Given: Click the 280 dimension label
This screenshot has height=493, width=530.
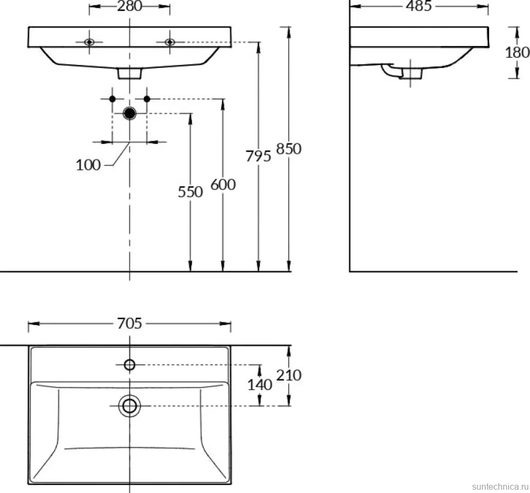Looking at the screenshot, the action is pos(129,6).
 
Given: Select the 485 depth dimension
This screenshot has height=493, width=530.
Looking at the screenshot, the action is pos(419,6).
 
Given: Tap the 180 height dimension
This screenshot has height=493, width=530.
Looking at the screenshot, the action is pos(517,52).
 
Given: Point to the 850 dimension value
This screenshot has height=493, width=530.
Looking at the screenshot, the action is pos(288,149).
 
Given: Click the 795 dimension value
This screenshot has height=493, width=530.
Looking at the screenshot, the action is pos(258,156).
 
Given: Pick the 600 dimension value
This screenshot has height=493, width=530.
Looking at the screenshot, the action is pos(223,185).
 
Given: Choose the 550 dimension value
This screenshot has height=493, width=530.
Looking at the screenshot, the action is pos(190,192).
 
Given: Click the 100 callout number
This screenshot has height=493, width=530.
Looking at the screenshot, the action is pos(88,165).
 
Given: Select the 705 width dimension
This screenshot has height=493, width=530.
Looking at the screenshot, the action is pos(129,324).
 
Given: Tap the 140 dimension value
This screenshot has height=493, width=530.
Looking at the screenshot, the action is pos(260,385).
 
